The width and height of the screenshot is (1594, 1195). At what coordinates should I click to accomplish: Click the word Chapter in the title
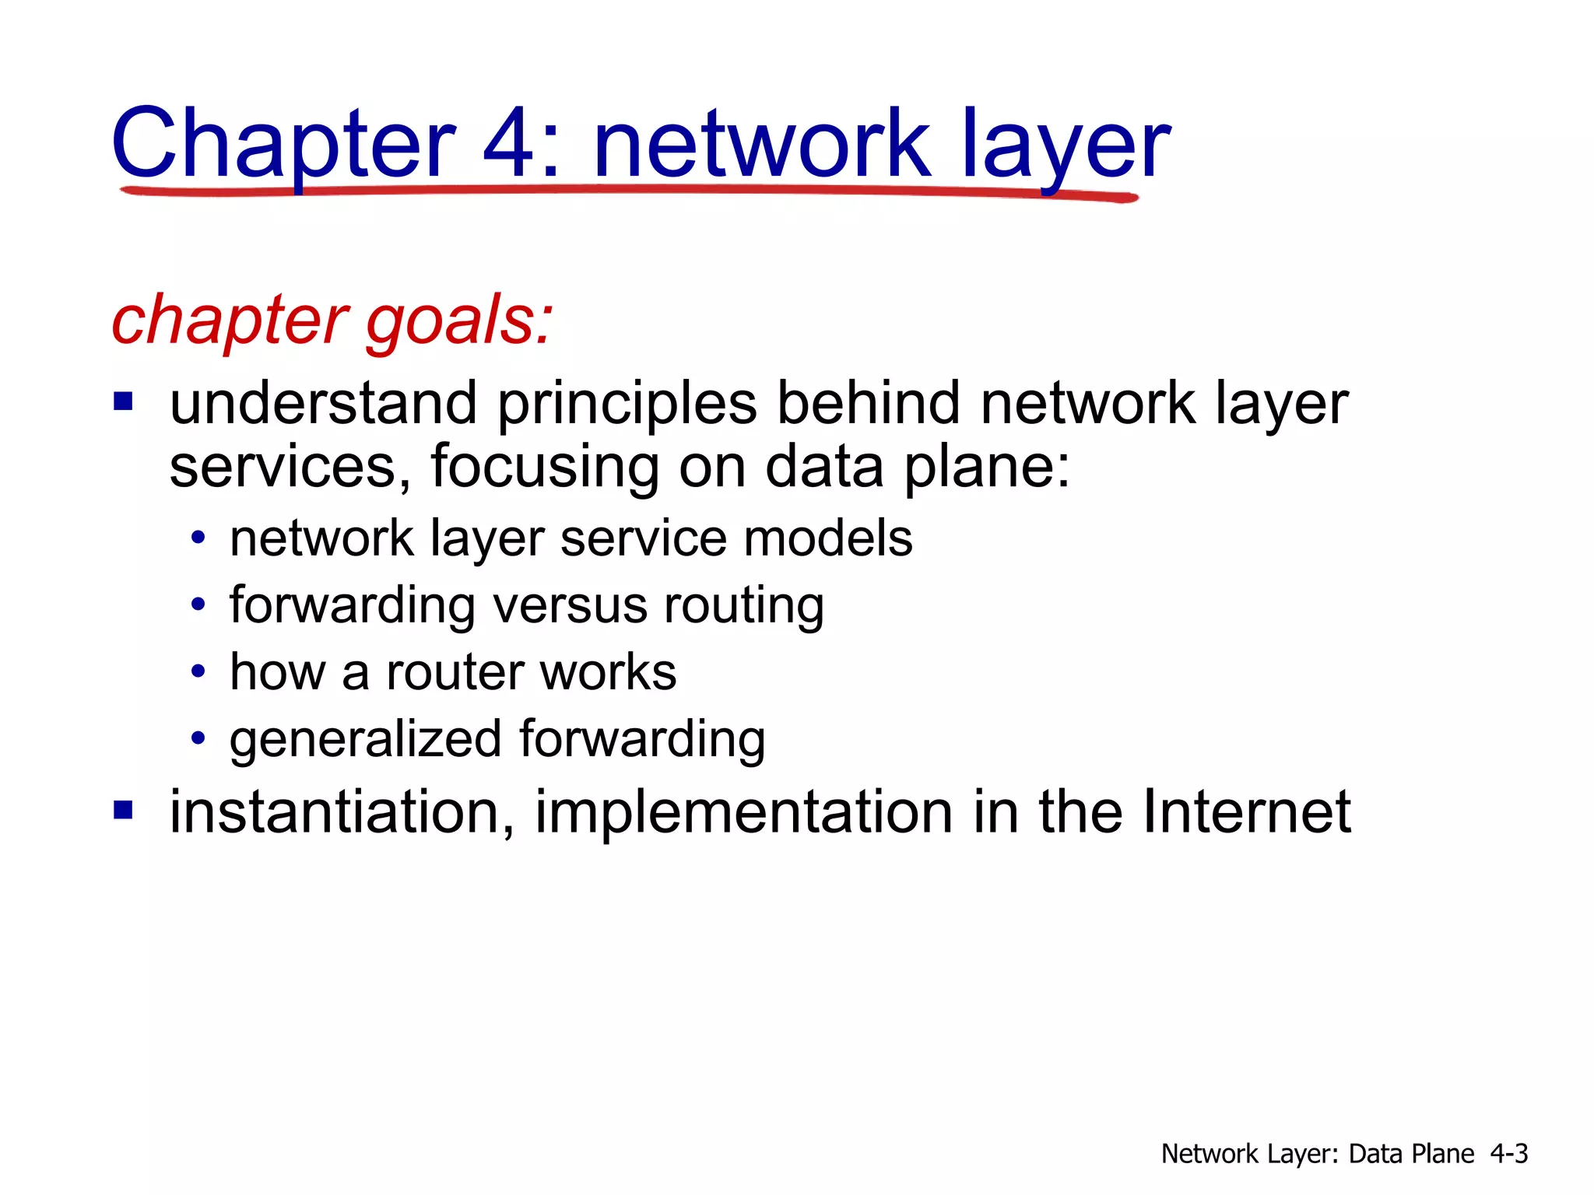coord(283,145)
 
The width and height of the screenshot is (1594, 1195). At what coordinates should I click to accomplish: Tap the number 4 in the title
coord(510,143)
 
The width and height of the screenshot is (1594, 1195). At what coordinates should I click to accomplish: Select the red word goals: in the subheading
coord(459,321)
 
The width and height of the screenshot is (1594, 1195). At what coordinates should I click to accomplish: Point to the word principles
coord(627,405)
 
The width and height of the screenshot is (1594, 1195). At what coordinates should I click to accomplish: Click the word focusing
coord(544,467)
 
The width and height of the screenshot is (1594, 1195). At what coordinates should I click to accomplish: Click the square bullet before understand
coord(123,402)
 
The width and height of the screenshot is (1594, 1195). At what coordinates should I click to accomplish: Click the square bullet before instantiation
coord(123,811)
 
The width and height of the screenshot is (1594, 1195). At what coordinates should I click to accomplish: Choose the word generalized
coord(365,739)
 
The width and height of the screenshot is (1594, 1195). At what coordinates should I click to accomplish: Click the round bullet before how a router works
coord(198,671)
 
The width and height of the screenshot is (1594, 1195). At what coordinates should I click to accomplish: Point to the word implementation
coord(743,812)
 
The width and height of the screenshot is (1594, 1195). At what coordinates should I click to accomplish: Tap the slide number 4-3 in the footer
coord(1509,1153)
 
